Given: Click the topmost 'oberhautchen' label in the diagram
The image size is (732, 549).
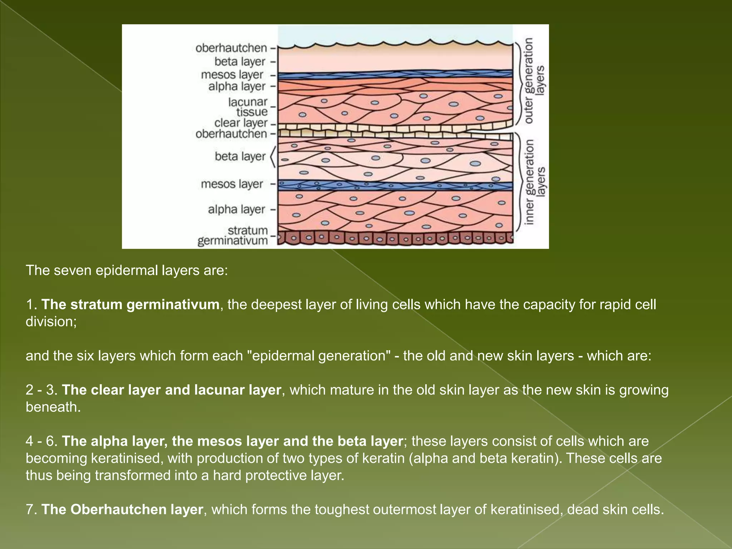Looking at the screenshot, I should click(x=231, y=48).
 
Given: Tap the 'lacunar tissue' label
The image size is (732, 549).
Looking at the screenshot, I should click(x=248, y=107).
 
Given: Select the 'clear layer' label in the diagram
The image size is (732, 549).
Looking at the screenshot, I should click(x=241, y=123).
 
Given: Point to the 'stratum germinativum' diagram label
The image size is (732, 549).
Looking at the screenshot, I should click(x=233, y=236).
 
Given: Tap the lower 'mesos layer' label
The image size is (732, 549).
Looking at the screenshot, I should click(x=232, y=184).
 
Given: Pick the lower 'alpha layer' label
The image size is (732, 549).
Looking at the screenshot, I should click(x=237, y=209).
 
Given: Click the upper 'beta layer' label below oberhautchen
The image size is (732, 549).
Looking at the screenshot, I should click(x=240, y=61).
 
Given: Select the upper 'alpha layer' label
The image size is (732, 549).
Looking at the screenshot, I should click(x=237, y=86).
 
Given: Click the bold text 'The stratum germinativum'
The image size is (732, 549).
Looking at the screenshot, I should click(x=130, y=305).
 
